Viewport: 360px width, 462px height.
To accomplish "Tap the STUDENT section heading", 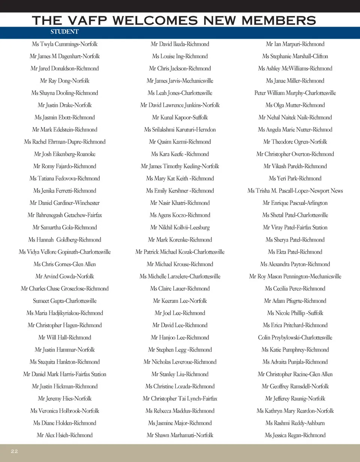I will (64, 32).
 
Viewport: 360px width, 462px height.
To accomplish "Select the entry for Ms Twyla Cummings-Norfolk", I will (65, 44).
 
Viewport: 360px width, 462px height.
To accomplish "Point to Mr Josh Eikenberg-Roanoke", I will (64, 154).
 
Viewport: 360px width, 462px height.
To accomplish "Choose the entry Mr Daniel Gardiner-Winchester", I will (64, 203).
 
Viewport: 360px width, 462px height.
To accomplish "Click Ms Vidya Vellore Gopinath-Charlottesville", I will (64, 252).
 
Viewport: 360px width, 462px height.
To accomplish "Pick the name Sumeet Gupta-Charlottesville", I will (64, 301).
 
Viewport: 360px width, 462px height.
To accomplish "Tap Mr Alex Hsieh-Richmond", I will (64, 435).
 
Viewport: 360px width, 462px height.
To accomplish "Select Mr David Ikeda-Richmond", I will (180, 44).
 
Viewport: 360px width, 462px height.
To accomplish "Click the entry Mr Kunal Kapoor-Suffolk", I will (180, 117).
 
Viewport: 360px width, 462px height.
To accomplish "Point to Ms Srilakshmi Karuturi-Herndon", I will (180, 130).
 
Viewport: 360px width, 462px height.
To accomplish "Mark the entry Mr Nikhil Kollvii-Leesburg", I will (180, 228).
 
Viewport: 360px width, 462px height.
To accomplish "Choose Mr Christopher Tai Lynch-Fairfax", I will (180, 399).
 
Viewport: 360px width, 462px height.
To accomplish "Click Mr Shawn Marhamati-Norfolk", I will (180, 435).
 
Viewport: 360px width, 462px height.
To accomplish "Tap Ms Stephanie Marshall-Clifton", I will (295, 56).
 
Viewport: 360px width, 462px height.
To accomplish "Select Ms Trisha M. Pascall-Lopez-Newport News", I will (295, 191).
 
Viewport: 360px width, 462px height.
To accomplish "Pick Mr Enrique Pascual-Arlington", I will (295, 203).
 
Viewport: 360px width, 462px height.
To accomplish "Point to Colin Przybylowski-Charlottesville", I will (295, 337).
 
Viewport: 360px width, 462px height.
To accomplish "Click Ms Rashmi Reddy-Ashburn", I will (295, 423).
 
